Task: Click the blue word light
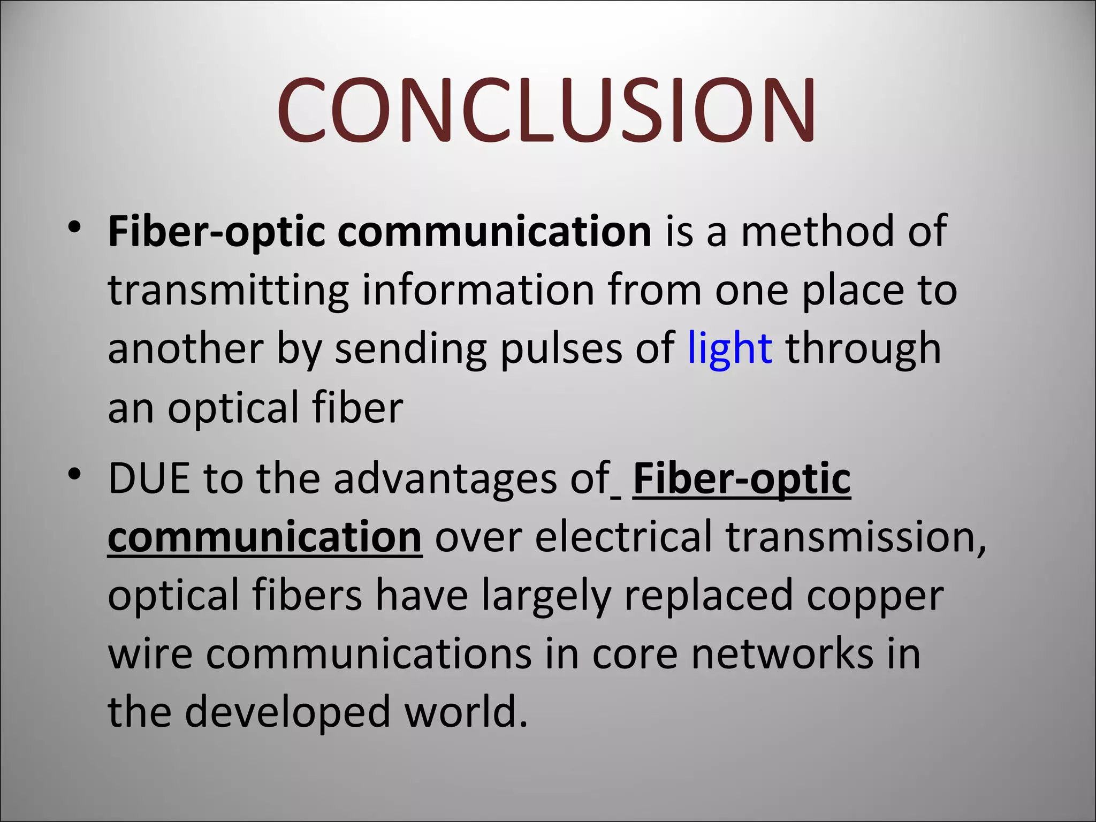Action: click(x=729, y=348)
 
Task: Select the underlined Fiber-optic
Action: click(x=741, y=479)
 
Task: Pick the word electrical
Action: click(x=623, y=537)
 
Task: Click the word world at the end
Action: click(x=466, y=712)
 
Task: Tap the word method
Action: click(x=817, y=232)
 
